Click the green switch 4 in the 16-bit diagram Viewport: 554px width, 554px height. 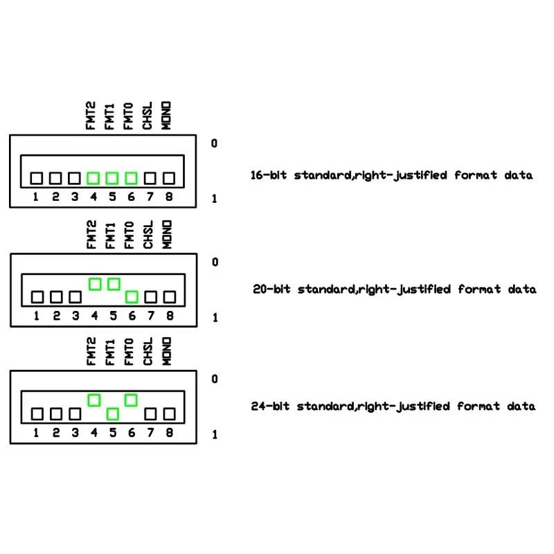pyautogui.click(x=93, y=179)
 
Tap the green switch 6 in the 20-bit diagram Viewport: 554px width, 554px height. pyautogui.click(x=132, y=297)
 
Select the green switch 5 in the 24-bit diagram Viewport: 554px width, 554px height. pyautogui.click(x=113, y=414)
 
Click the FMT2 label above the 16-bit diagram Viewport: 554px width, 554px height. pyautogui.click(x=91, y=116)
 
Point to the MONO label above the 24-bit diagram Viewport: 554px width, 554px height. pyautogui.click(x=166, y=351)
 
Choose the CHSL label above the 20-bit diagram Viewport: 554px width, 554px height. pyautogui.click(x=148, y=235)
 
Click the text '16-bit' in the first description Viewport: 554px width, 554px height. pyautogui.click(x=269, y=175)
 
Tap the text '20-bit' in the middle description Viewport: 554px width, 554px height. pyautogui.click(x=271, y=289)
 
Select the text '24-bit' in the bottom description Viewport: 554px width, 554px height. pyautogui.click(x=270, y=406)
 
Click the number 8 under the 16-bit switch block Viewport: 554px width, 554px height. pyautogui.click(x=169, y=197)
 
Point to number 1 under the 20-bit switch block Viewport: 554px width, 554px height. pyautogui.click(x=37, y=316)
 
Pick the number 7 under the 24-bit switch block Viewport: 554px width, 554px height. pyautogui.click(x=150, y=432)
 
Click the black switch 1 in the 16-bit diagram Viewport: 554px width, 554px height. pyautogui.click(x=37, y=179)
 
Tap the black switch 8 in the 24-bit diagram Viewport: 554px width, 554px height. pyautogui.click(x=170, y=414)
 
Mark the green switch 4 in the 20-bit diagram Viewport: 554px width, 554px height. pyautogui.click(x=95, y=284)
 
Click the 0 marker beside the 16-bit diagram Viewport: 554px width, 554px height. pyautogui.click(x=214, y=143)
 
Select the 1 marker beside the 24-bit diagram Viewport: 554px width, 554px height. pyautogui.click(x=215, y=435)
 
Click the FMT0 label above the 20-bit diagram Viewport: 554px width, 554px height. pyautogui.click(x=129, y=235)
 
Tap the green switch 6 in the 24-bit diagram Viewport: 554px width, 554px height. pyautogui.click(x=131, y=400)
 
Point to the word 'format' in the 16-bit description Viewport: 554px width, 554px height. pyautogui.click(x=476, y=175)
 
